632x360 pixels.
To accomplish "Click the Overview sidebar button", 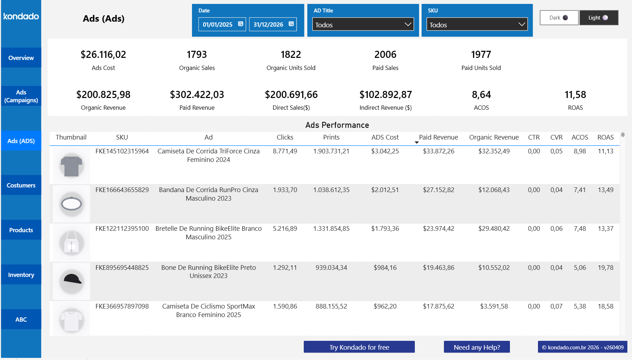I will [21, 58].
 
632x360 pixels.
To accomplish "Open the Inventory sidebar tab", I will [21, 275].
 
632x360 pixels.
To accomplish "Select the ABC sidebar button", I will [21, 320].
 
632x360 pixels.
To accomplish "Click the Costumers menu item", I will [21, 185].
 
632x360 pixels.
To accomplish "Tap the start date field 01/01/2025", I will [218, 24].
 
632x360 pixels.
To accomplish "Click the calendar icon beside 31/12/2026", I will [291, 24].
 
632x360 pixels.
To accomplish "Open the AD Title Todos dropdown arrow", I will [408, 24].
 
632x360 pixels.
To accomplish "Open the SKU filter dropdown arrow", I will [521, 24].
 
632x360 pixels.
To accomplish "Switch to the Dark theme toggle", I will [559, 18].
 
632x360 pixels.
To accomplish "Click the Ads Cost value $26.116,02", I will [103, 55].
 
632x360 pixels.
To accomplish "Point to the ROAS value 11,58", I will [575, 95].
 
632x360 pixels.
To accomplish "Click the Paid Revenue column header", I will [438, 137].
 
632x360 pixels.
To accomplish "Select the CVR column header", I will [556, 137].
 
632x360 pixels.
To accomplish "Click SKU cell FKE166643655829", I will [122, 190].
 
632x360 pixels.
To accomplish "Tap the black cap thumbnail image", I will [72, 280].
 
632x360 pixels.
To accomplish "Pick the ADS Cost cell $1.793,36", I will [385, 229].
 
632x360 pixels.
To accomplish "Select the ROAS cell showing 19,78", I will [605, 268].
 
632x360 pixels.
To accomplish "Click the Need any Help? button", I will [477, 347].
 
